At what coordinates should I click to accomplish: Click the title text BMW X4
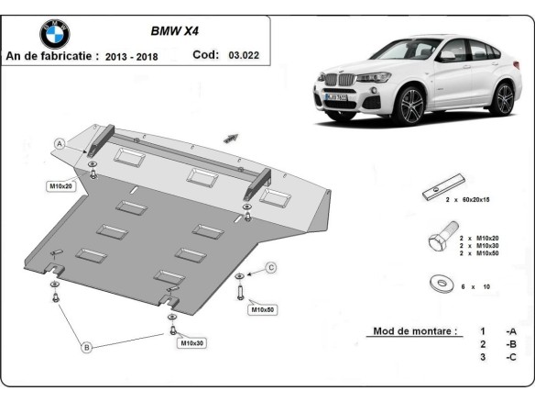click(x=172, y=30)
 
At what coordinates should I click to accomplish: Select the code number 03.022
click(x=244, y=55)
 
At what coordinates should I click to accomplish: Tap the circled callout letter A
click(x=60, y=144)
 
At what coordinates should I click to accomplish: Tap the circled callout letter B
click(x=87, y=347)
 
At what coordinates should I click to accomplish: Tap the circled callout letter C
click(x=271, y=267)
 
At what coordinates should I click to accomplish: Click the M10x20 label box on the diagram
click(x=61, y=186)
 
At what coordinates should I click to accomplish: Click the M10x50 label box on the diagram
click(x=262, y=309)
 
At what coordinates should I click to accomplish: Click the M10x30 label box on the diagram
click(x=192, y=343)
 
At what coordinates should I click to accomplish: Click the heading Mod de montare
click(x=414, y=330)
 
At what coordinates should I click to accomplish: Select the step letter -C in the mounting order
click(x=509, y=356)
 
